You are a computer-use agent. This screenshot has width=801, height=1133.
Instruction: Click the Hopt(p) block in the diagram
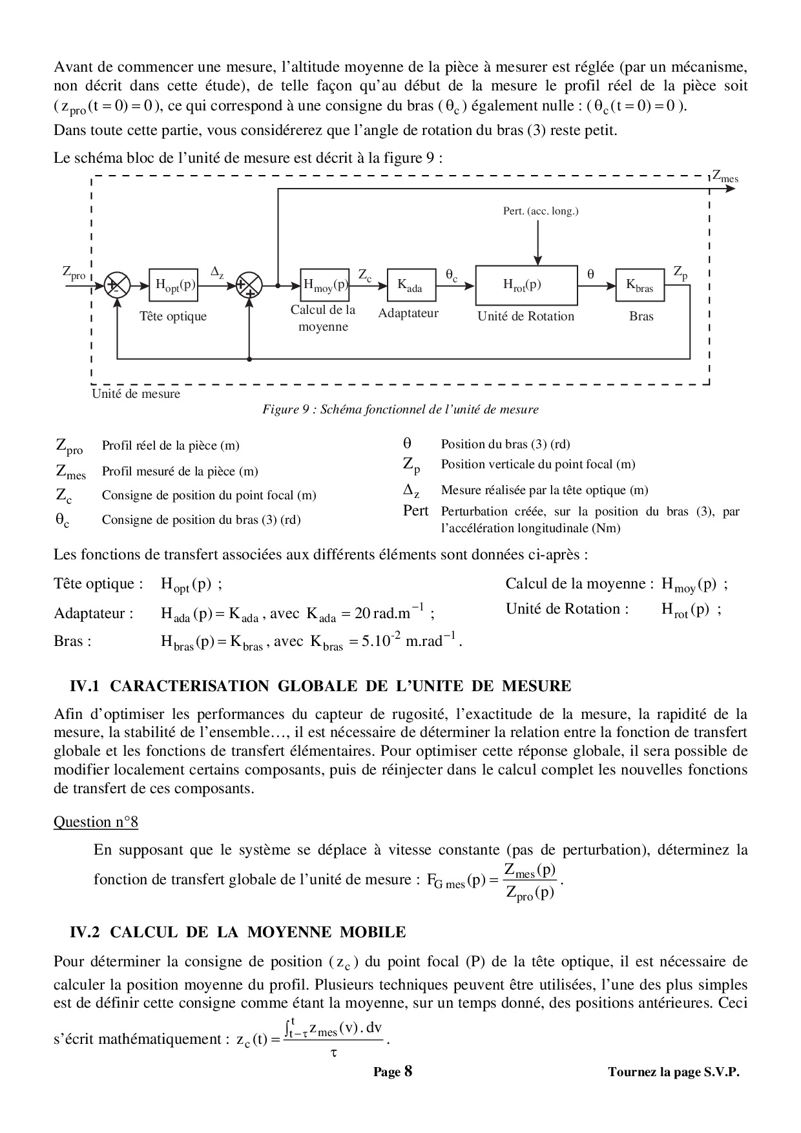(x=173, y=285)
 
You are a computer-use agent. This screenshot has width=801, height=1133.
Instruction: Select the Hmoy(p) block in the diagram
(x=325, y=284)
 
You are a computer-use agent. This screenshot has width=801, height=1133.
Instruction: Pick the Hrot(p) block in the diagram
(x=526, y=285)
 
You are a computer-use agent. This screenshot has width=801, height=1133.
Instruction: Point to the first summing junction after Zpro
(x=117, y=285)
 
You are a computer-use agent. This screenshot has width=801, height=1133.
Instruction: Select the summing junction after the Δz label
(x=249, y=285)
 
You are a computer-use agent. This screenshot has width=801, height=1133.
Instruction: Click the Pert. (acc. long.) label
(x=541, y=211)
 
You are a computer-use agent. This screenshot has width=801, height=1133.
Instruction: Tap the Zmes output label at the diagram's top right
(x=725, y=176)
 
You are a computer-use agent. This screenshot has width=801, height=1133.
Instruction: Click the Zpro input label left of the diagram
(x=74, y=273)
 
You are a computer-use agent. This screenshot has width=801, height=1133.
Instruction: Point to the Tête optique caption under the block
(x=173, y=317)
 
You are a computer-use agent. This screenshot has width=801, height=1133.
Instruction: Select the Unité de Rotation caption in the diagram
(x=526, y=317)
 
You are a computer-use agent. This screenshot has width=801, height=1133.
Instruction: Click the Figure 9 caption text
(x=400, y=410)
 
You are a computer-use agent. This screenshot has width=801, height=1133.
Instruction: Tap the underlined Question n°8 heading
(x=96, y=822)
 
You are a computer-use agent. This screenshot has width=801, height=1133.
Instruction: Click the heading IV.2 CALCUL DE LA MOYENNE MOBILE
(x=238, y=932)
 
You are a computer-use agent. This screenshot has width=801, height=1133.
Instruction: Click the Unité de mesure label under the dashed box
(x=136, y=394)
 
